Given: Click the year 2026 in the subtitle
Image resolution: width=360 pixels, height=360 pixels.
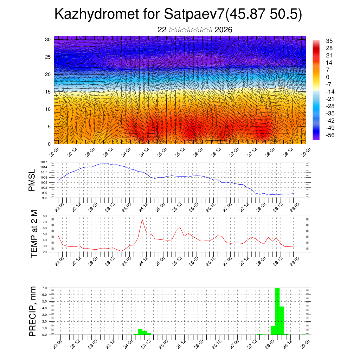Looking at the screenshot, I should tap(223, 30).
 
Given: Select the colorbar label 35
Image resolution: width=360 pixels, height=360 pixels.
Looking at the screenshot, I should tap(329, 41).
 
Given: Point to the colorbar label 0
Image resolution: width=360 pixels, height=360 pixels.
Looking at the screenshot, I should tap(328, 77).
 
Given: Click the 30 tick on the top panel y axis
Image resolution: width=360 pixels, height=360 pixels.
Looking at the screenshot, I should tap(48, 39).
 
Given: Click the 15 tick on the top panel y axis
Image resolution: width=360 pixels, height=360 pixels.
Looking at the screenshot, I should tap(48, 92).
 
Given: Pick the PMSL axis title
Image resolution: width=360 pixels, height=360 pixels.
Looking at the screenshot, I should tap(32, 181).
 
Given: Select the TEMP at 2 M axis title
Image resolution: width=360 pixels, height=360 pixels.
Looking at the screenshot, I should tap(34, 234).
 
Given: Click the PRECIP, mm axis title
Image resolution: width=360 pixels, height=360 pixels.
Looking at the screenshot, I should tap(32, 311).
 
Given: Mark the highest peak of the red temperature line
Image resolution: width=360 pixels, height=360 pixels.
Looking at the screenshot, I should tap(142, 220).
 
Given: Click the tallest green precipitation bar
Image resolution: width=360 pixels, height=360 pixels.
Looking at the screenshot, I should tap(277, 311).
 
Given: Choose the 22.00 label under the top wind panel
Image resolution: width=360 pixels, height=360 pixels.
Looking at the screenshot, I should tap(54, 152).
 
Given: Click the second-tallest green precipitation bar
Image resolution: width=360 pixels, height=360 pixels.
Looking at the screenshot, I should tap(282, 320).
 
